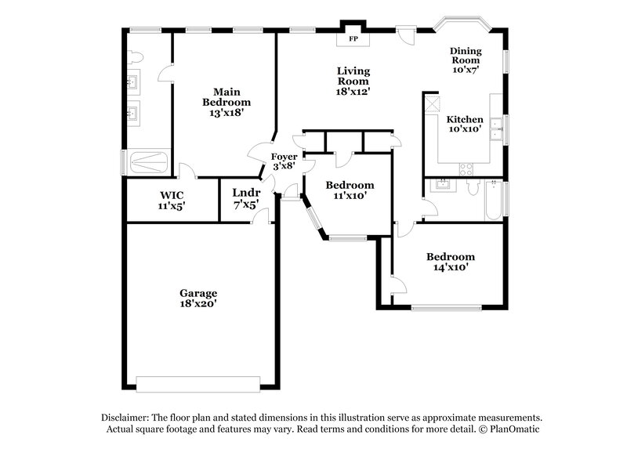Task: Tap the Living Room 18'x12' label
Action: [x=353, y=81]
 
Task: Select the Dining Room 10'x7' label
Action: [x=466, y=60]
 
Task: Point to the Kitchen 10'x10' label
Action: [x=465, y=125]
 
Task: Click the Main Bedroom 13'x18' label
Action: [x=227, y=101]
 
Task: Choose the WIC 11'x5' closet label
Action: [x=172, y=200]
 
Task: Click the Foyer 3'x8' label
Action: [x=284, y=161]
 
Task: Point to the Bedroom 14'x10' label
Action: [x=450, y=262]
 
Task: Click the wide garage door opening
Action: [x=198, y=383]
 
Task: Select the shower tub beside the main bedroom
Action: [x=147, y=163]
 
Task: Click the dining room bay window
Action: [x=463, y=21]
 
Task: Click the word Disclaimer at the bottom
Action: [x=127, y=418]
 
